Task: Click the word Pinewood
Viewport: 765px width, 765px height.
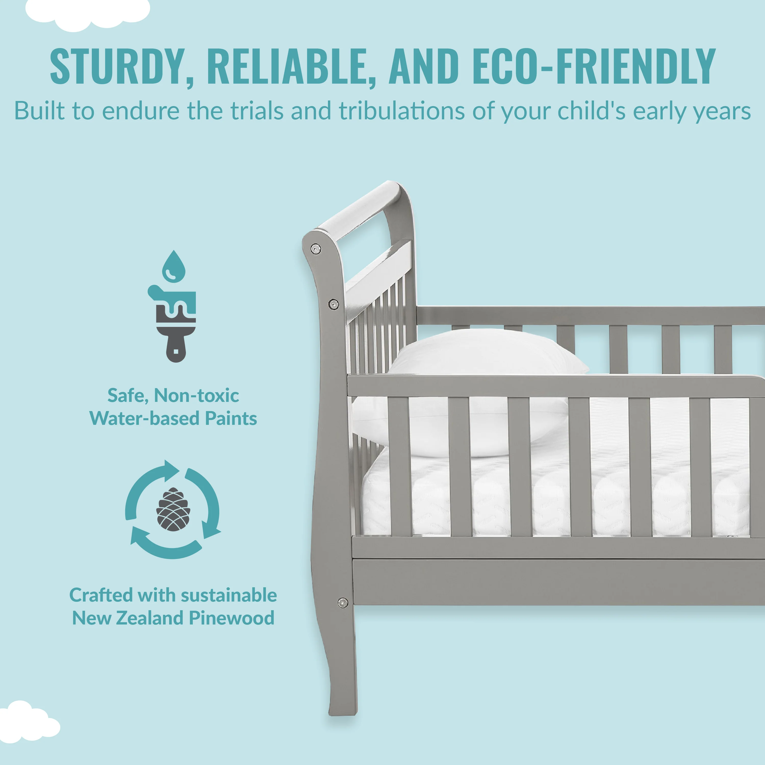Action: coord(232,618)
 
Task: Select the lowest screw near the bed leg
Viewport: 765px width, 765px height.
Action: coord(343,603)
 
